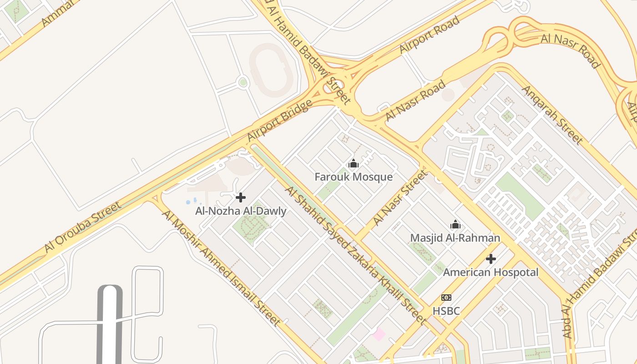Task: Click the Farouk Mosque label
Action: point(354,177)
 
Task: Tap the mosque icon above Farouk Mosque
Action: point(354,164)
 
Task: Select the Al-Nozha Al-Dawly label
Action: point(241,211)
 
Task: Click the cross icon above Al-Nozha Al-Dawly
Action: point(241,197)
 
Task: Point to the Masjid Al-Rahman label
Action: point(455,238)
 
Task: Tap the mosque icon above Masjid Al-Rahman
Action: point(455,224)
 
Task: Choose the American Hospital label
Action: point(490,272)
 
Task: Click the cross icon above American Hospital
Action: point(490,259)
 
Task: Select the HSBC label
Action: point(446,311)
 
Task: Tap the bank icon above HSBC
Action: point(446,298)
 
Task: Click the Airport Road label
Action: point(429,35)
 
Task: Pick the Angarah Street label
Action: point(552,114)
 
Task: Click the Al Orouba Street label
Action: point(83,227)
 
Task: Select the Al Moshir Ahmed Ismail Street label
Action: point(221,268)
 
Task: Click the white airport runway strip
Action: point(110,325)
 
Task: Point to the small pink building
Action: point(378,334)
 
